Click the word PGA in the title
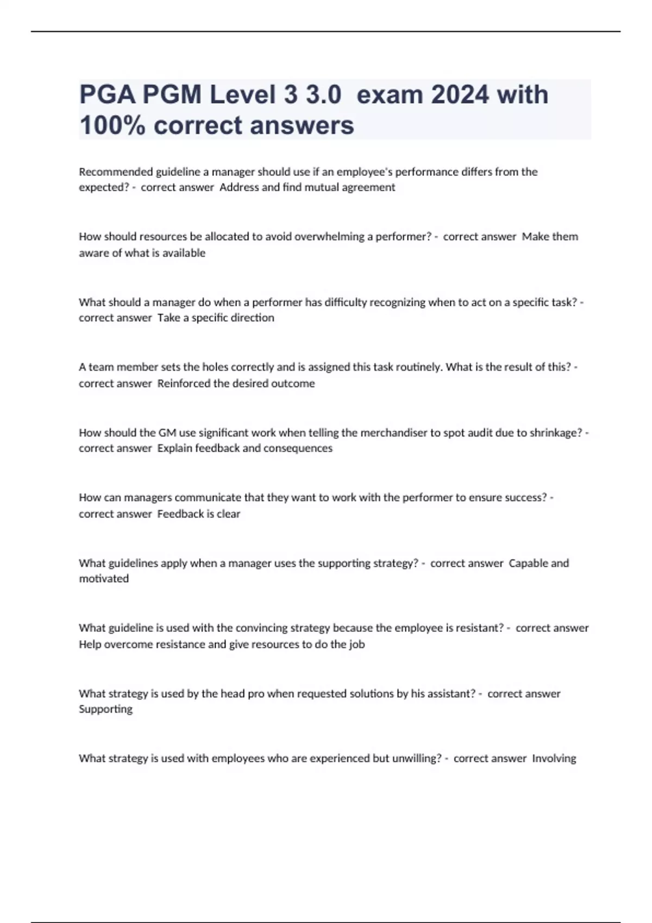point(107,95)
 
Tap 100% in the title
point(112,125)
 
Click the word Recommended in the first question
point(116,172)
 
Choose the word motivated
point(104,579)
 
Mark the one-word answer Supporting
point(105,709)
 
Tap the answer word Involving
point(554,758)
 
